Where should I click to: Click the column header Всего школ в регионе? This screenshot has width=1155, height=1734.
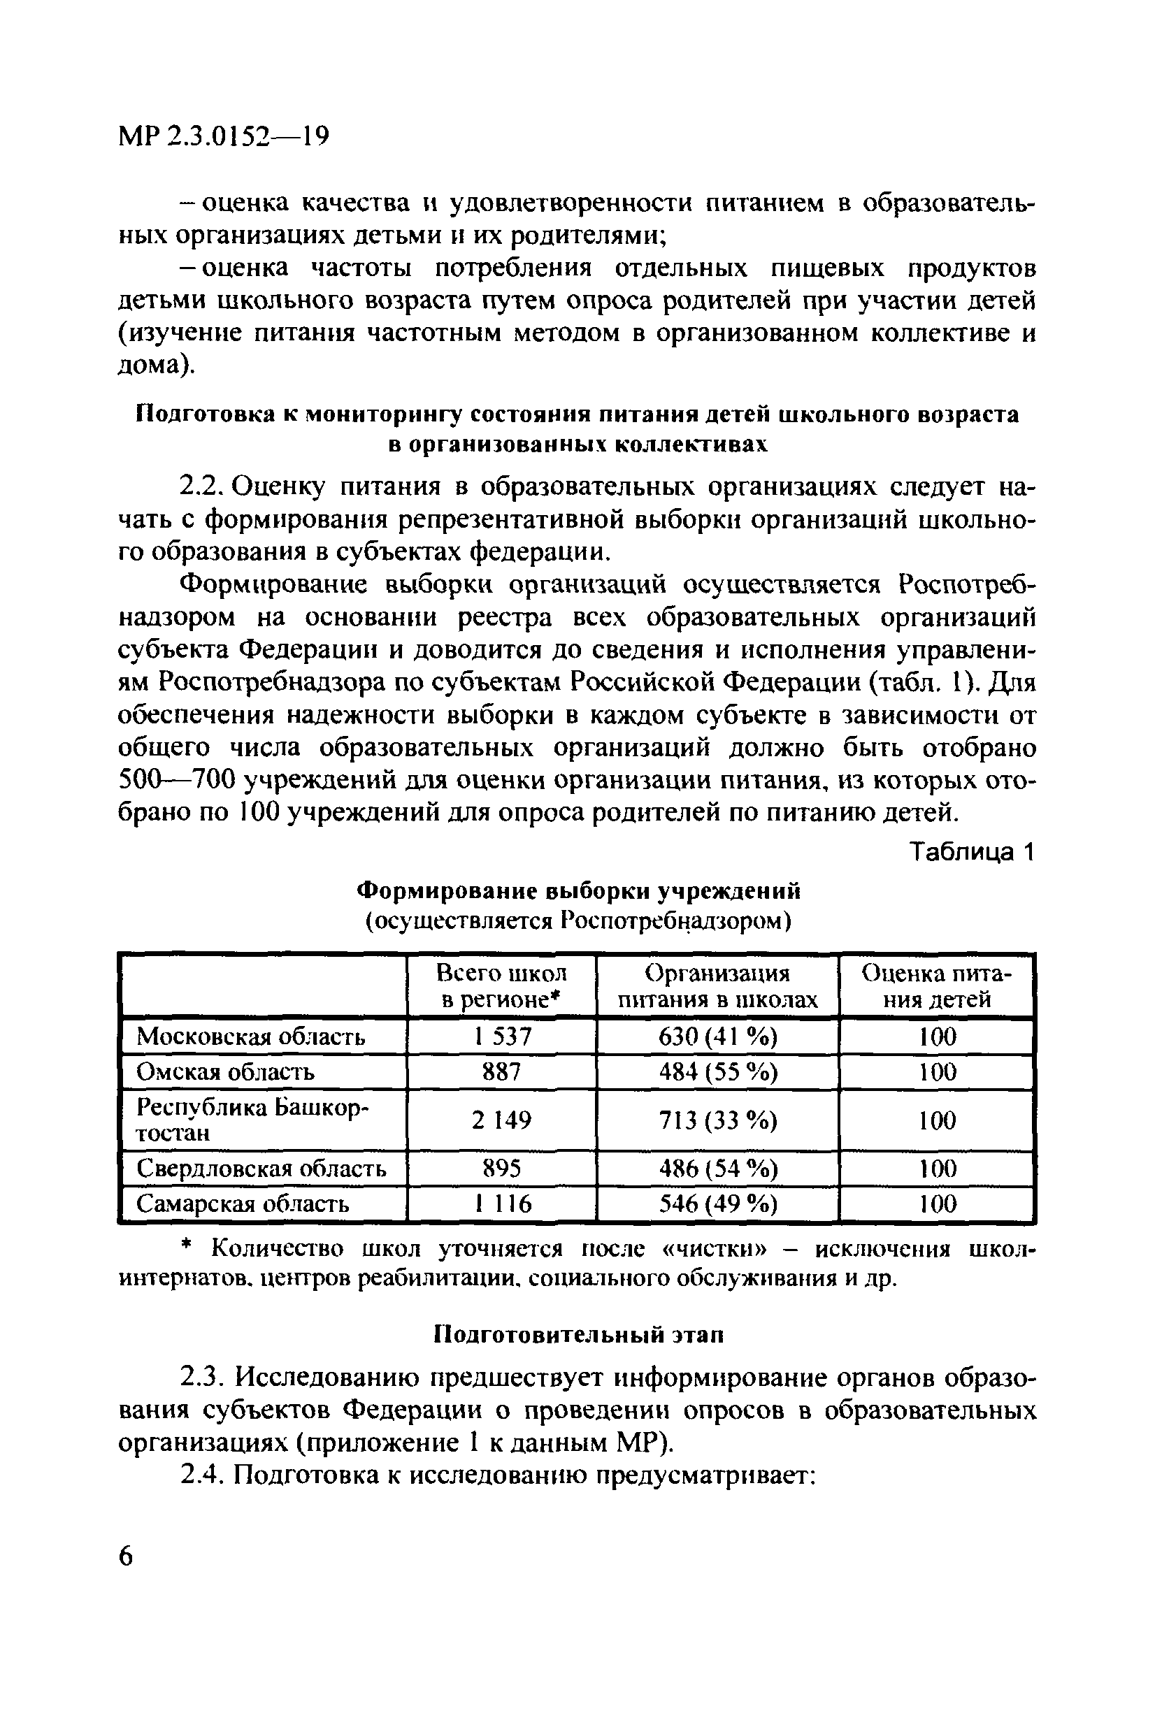pos(501,986)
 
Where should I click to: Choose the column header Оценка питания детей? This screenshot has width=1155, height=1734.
pos(936,986)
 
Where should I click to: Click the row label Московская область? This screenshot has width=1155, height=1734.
pos(251,1036)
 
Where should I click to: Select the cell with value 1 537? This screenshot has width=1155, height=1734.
pos(501,1036)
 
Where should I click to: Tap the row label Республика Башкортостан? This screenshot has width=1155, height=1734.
pos(251,1120)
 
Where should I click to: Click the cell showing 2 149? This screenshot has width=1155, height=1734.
pos(501,1120)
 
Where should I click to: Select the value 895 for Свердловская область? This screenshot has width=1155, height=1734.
pos(501,1169)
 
